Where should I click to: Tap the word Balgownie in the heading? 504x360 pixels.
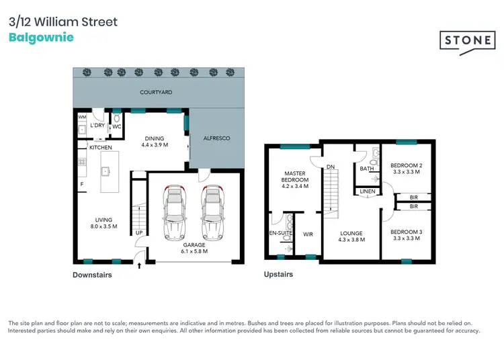[x=41, y=37]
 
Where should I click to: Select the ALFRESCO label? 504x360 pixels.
[x=217, y=138]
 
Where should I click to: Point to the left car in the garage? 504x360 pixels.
[x=174, y=213]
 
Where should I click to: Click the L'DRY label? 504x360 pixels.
[x=98, y=125]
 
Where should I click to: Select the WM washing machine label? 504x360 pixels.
[x=82, y=118]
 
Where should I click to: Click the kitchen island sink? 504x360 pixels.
[x=106, y=171]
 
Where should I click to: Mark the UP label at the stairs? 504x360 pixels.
[x=139, y=233]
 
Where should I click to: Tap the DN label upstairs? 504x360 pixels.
[x=330, y=167]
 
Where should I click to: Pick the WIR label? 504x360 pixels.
[x=308, y=234]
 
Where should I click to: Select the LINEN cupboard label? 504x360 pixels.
[x=367, y=191]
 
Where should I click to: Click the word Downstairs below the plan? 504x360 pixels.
[x=92, y=275]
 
